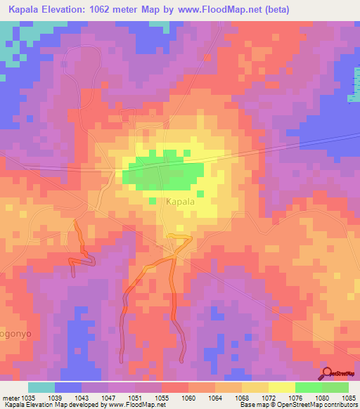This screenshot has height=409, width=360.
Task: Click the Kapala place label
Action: click(166, 201)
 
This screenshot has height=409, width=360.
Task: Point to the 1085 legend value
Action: click(349, 397)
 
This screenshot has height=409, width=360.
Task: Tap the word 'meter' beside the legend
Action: click(9, 397)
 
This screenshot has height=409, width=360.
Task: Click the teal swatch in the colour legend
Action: click(41, 387)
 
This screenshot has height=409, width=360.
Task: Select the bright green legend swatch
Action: click(309, 387)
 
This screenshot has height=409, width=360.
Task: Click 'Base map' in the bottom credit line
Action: click(253, 405)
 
